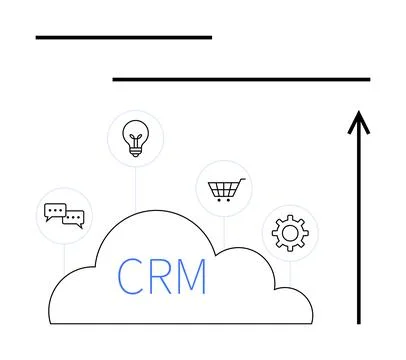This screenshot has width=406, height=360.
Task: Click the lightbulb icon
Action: click(134, 138)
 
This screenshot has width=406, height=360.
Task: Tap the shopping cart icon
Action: click(224, 187)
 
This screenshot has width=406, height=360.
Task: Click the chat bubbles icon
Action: click(63, 214)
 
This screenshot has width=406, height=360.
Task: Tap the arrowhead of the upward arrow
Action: click(358, 121)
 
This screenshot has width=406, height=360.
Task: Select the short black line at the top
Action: click(123, 37)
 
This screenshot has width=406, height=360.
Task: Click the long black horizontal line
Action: click(240, 79)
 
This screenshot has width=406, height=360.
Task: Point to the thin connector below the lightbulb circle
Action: click(134, 190)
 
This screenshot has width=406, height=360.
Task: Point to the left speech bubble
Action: click(55, 210)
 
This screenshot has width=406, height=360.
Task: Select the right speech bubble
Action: click(73, 219)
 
